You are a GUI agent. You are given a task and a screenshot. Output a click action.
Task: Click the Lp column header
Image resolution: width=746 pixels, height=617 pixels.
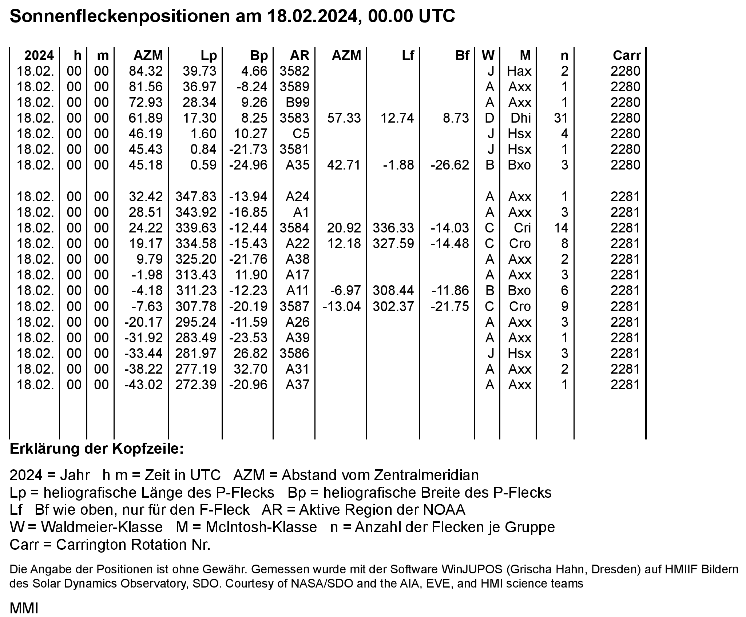[209, 55]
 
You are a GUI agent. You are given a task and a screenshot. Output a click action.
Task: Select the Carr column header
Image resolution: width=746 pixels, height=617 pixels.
[627, 55]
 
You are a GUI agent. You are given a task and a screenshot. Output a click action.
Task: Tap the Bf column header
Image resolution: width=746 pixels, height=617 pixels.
[462, 55]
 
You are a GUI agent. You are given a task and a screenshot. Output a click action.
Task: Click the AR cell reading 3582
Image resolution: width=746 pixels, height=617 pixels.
[294, 71]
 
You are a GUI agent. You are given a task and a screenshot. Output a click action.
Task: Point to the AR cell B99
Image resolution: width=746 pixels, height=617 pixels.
[298, 103]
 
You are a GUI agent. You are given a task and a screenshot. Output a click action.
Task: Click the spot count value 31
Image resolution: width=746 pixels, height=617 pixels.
[561, 118]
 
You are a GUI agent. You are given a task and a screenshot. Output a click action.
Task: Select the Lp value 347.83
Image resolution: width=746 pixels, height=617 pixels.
[196, 197]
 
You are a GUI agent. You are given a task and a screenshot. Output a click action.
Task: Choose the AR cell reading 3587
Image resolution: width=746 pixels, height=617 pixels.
[294, 307]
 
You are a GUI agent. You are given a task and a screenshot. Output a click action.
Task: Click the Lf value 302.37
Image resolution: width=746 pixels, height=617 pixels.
[393, 307]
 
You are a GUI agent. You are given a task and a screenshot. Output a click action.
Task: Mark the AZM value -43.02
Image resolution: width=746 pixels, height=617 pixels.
[143, 385]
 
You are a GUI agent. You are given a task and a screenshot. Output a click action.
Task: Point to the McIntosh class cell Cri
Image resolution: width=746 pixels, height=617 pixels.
[522, 228]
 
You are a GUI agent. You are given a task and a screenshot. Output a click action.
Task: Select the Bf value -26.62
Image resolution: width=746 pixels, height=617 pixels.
[450, 165]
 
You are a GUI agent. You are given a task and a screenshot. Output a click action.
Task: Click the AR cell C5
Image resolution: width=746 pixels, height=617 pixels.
[301, 134]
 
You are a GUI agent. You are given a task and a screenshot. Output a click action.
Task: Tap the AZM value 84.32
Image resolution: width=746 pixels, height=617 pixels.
[146, 71]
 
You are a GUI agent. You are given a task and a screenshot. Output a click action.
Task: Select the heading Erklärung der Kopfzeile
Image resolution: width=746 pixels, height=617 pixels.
[97, 449]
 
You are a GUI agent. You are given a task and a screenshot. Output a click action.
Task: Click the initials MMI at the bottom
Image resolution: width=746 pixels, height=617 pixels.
[24, 608]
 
